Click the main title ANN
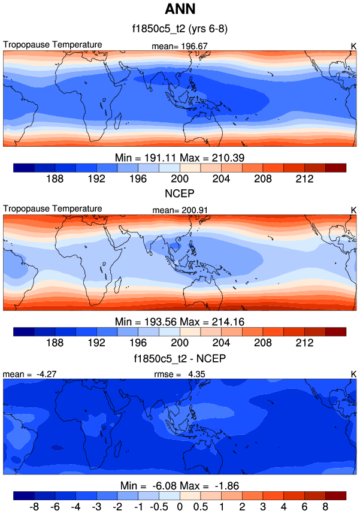[x=180, y=10]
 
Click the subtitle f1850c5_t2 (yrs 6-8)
[x=180, y=28]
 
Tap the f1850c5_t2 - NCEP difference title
[x=180, y=359]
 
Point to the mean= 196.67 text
[x=180, y=46]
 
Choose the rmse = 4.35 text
[x=180, y=374]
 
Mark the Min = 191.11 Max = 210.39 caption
[x=180, y=157]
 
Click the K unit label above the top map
[x=353, y=46]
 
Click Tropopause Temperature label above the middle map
[x=53, y=208]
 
